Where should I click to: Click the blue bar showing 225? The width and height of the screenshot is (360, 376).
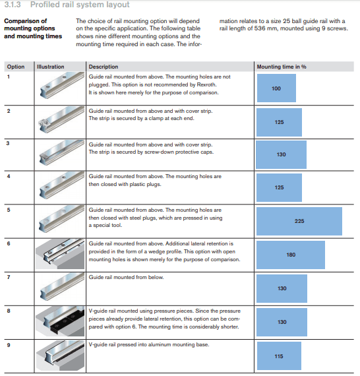tap(299, 221)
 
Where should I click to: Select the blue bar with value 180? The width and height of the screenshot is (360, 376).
tap(291, 255)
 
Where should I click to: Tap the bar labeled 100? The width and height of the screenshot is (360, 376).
tap(276, 88)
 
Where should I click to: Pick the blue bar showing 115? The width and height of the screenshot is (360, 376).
tap(279, 356)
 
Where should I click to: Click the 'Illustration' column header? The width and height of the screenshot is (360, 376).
tap(50, 67)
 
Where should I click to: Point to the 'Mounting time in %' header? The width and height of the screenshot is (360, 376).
tap(282, 67)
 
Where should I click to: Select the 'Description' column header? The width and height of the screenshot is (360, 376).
tap(104, 67)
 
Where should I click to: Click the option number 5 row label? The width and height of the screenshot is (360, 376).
tap(9, 210)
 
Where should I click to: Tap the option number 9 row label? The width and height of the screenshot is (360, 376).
tap(9, 345)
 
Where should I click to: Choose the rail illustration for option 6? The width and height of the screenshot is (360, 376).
tap(60, 254)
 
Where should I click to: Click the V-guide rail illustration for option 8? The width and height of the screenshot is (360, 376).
tap(60, 321)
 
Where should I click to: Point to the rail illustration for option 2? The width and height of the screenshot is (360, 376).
tap(61, 119)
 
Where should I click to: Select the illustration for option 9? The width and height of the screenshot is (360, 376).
tap(60, 356)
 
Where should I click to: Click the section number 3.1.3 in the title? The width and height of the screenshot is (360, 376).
tap(13, 5)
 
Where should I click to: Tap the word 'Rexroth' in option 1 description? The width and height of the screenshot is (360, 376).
tap(206, 84)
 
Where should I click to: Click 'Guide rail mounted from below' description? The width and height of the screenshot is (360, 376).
tap(127, 277)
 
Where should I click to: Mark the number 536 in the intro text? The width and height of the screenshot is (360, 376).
tap(260, 28)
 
